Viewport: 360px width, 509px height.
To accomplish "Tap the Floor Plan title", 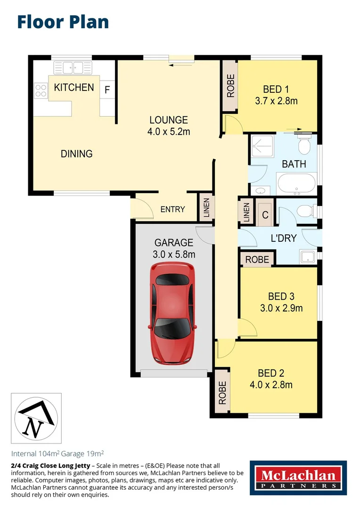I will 63,22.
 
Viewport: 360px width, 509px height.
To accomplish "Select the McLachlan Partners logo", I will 298,477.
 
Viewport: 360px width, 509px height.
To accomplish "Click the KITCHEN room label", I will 74,87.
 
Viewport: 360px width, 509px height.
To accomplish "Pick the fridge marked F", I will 107,90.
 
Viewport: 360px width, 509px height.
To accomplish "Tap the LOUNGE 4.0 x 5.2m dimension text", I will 169,132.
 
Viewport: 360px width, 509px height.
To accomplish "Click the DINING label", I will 76,154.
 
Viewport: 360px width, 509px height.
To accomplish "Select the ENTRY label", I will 172,209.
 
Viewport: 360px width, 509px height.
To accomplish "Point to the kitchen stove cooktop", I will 41,90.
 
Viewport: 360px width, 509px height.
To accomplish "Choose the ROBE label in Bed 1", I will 230,86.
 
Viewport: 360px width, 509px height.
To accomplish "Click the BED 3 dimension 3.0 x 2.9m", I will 281,308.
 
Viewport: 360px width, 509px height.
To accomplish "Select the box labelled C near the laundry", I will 265,215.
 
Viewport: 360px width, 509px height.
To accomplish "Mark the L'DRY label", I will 283,238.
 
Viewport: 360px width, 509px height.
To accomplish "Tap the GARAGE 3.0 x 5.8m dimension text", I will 174,254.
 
